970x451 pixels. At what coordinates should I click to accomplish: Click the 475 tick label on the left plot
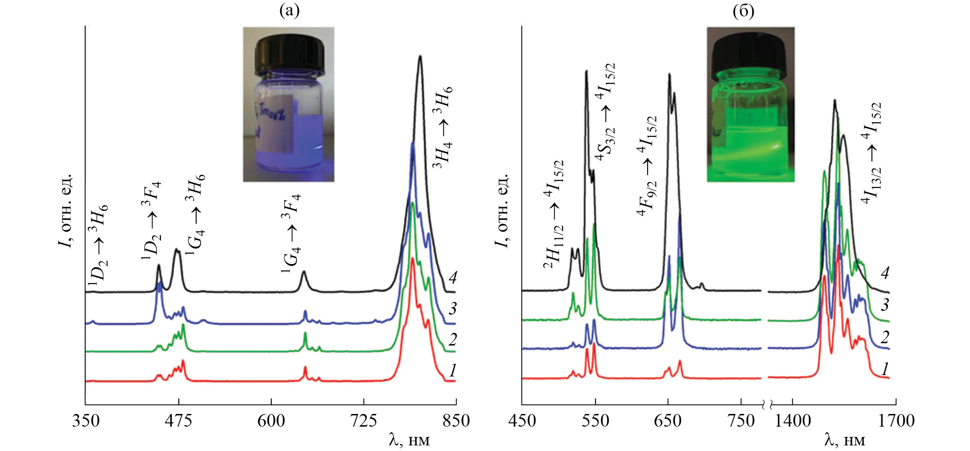[178, 421]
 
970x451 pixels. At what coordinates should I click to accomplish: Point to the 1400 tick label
[792, 421]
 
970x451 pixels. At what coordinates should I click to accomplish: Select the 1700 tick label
[896, 421]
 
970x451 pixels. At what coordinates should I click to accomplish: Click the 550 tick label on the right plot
[595, 421]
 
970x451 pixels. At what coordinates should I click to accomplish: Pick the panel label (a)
[289, 10]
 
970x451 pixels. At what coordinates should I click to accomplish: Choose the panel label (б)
[744, 10]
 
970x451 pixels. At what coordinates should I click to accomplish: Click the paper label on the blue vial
[275, 124]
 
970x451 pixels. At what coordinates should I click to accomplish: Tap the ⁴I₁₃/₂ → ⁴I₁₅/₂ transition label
[871, 152]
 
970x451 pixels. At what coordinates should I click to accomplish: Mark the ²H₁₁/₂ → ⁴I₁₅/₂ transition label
[554, 216]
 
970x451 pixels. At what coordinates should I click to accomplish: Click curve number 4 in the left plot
[452, 278]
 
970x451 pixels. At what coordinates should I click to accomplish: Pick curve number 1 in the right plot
[885, 369]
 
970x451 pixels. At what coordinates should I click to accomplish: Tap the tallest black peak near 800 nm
[420, 57]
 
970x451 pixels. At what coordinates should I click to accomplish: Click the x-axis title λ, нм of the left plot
[409, 440]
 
